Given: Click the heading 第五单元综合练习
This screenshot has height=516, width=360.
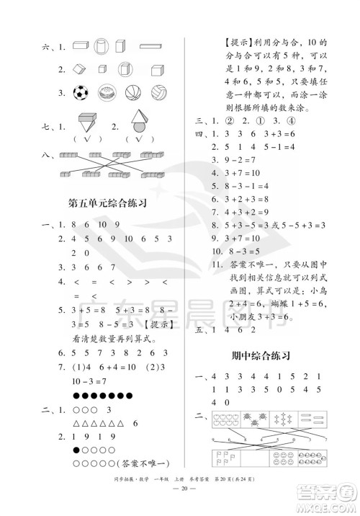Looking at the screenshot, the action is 103,204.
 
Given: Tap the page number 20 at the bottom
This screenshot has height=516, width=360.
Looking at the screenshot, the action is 179,501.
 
